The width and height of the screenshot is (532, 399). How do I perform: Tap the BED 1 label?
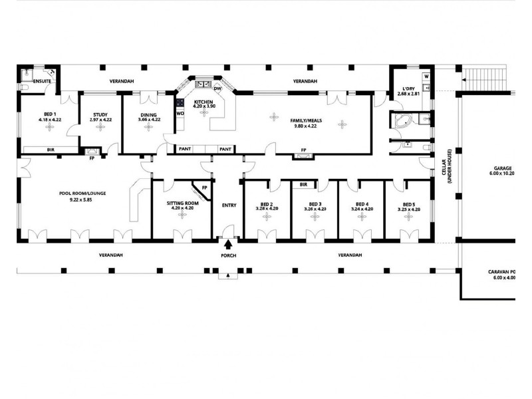pos(50,114)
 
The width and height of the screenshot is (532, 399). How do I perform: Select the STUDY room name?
pos(100,114)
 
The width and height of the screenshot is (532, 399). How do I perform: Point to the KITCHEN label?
pos(204,101)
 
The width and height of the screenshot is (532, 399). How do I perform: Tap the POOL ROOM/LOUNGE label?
pos(82,194)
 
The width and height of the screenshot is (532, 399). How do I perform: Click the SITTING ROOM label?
pos(182,203)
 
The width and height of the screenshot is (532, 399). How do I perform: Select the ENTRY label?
pos(229,205)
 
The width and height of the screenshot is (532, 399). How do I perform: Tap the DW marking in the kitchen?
pos(217,88)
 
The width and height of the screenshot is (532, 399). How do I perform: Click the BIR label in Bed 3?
pos(303,184)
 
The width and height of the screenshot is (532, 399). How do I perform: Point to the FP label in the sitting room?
pos(205,188)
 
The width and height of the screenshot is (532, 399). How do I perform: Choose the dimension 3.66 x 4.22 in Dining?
pos(148,120)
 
